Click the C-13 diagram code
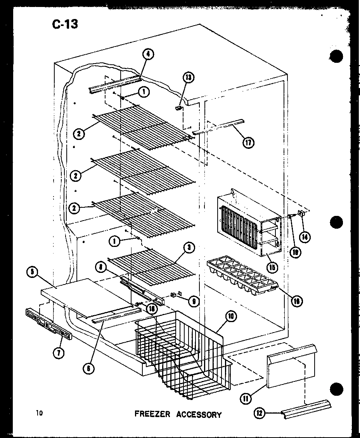point(65,24)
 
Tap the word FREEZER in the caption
point(152,414)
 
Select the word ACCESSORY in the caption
point(199,414)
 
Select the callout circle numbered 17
point(248,142)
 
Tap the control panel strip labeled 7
point(48,324)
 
